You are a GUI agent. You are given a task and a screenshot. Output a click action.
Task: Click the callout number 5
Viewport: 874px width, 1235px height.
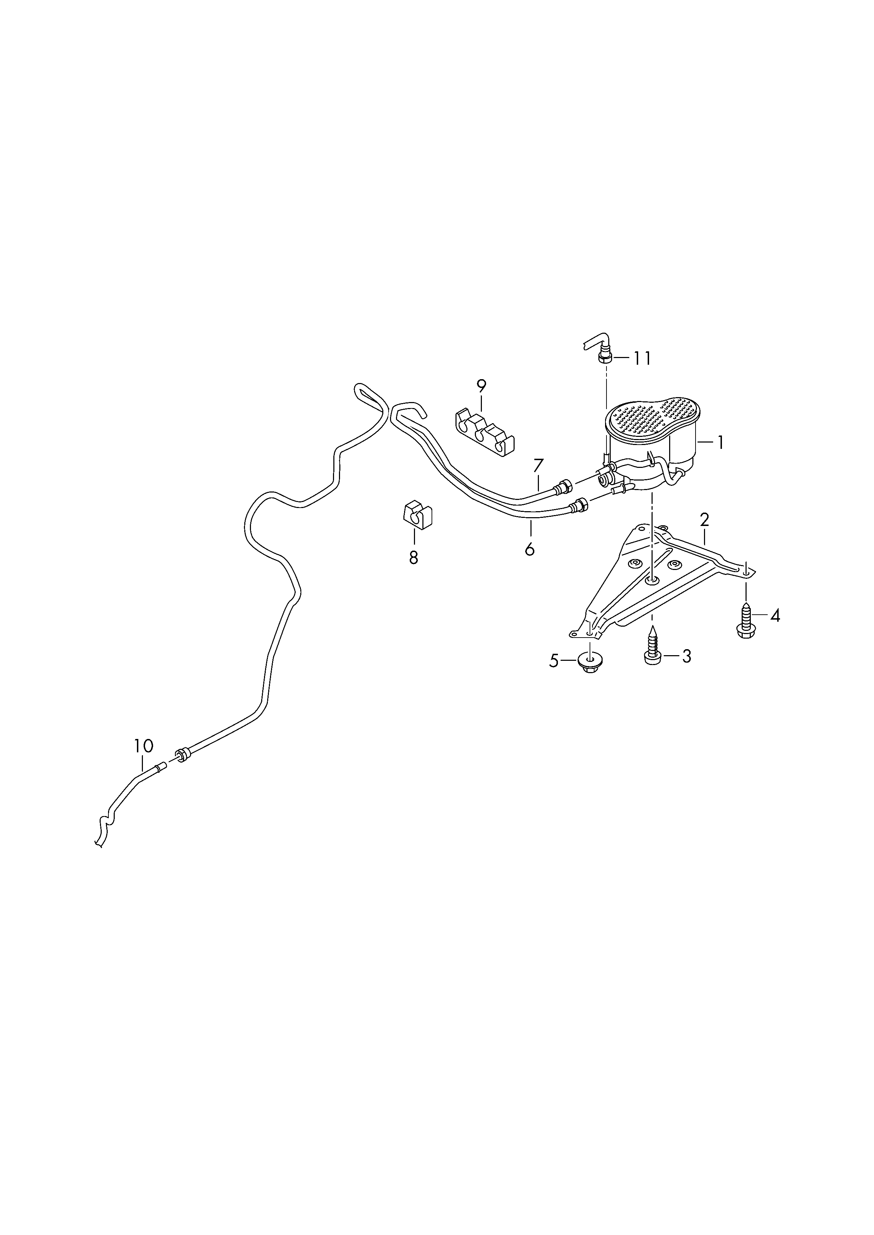[x=554, y=661]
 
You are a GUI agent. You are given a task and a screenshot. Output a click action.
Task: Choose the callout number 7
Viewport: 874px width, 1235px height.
[x=539, y=465]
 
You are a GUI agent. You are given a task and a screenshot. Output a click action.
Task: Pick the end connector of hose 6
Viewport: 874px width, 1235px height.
[x=580, y=504]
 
